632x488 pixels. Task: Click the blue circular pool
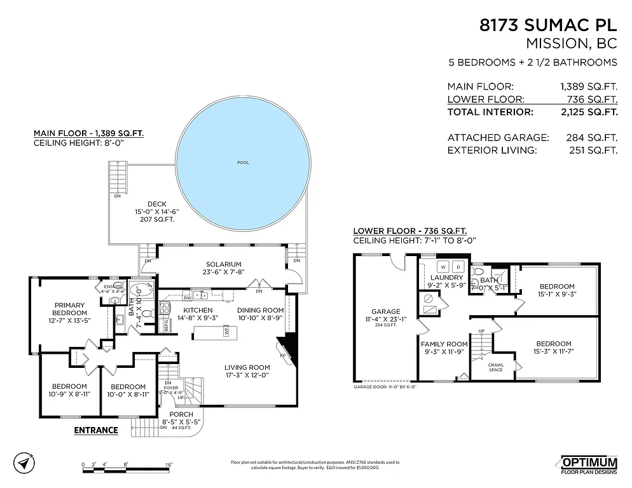(243, 164)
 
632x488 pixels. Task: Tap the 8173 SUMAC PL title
(547, 26)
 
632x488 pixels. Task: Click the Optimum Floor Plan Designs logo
(589, 464)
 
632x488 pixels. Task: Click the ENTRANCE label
(96, 430)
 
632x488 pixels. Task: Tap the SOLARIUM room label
(223, 264)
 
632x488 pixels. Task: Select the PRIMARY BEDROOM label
(69, 309)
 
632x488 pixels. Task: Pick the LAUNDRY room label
(446, 278)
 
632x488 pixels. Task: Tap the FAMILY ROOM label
(444, 343)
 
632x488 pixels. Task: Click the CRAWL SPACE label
(496, 367)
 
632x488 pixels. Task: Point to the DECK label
(156, 204)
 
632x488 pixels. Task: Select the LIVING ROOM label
(247, 367)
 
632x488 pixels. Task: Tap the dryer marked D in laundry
(458, 266)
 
